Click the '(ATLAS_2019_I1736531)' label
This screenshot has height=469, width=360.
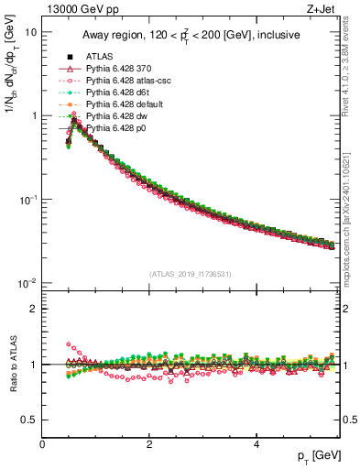pos(191,274)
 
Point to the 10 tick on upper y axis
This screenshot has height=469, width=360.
pos(31,32)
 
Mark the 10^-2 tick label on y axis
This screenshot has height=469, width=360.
pos(28,283)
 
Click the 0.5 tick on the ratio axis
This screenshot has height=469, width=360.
pos(29,420)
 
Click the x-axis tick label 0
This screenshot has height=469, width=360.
pos(42,444)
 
